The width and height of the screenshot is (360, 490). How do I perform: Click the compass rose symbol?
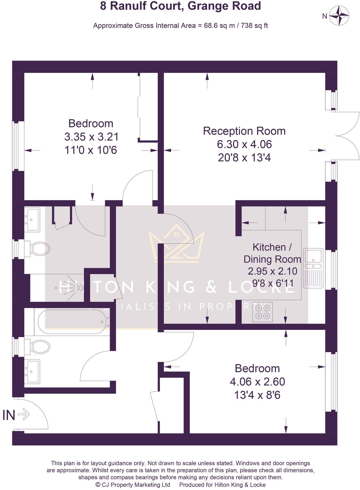click(339, 16)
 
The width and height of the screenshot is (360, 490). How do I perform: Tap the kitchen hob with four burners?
click(262, 312)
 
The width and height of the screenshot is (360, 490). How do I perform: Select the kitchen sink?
click(313, 268)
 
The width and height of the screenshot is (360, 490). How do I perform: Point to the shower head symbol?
click(80, 288)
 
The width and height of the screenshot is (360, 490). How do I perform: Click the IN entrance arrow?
click(24, 415)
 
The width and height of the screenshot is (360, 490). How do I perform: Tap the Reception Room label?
click(244, 131)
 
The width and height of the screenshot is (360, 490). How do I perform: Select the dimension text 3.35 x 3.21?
click(91, 137)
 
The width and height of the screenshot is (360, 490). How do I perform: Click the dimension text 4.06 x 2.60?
click(257, 381)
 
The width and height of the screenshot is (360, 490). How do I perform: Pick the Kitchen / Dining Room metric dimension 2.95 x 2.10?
click(272, 271)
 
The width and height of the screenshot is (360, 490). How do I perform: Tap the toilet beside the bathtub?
click(40, 347)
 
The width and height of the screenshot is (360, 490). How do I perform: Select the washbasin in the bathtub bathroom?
click(32, 372)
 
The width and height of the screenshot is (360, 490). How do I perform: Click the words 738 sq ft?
click(254, 26)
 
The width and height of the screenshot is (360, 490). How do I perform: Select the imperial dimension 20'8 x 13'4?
click(244, 158)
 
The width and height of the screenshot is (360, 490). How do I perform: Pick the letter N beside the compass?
click(325, 16)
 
